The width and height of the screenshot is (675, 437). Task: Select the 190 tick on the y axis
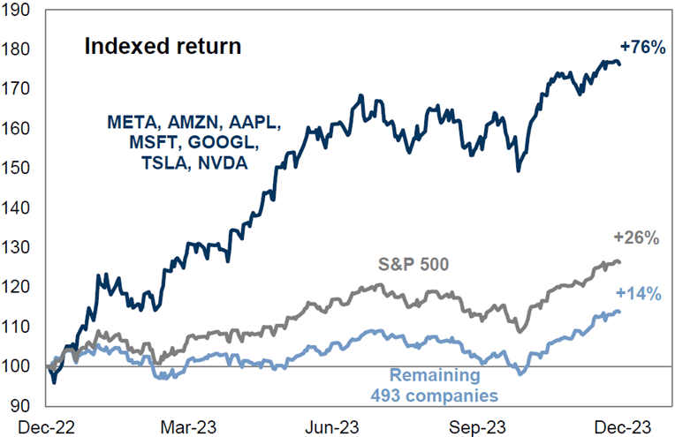16,10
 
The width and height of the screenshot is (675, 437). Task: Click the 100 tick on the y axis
16,366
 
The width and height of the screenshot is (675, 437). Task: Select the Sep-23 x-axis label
476,427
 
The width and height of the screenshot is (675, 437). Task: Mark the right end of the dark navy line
619,64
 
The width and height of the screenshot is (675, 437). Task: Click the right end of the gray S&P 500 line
619,261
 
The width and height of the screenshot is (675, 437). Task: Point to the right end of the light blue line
619,312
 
